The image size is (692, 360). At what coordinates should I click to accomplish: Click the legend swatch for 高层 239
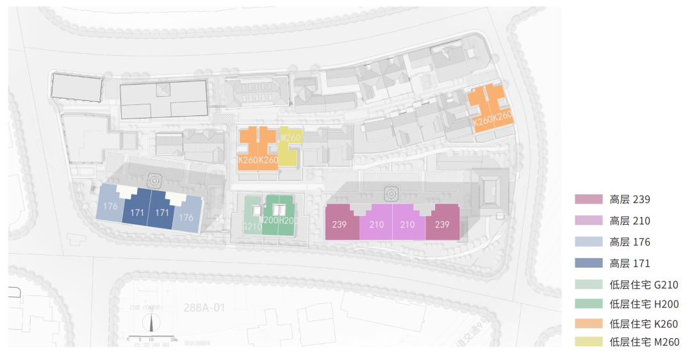tap(589, 200)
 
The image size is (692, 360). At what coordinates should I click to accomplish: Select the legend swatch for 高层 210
tap(589, 221)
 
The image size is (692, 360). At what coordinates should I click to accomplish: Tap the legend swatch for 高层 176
tap(589, 242)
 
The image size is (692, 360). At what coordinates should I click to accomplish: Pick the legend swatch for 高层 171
tap(589, 263)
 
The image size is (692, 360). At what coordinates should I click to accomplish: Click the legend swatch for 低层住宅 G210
tap(589, 285)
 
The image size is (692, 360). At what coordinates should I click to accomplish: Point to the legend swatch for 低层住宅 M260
tap(589, 343)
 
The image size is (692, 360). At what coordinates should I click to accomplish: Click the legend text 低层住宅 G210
tap(644, 285)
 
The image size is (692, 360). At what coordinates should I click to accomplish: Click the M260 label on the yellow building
tap(290, 137)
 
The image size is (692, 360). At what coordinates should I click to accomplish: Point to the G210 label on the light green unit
tap(252, 227)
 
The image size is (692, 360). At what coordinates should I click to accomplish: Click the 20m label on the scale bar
tap(174, 339)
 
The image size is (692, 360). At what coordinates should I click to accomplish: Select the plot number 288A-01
tap(204, 308)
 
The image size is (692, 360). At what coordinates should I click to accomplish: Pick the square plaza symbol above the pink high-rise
tap(390, 193)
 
